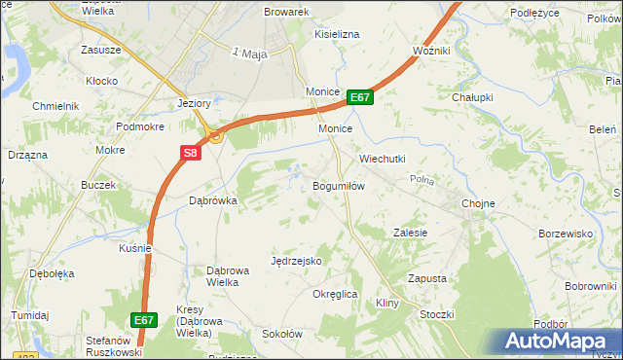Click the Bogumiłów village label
coord(338,186)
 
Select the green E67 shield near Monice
coord(359,97)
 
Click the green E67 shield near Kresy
coord(143,319)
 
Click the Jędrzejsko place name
coord(296,261)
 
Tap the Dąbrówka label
coord(212,200)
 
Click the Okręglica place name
coord(336,294)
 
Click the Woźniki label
coord(430,50)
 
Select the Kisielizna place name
coord(337,34)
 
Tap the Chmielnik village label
coord(55,105)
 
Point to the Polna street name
coord(421,180)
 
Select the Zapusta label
coord(426,278)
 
